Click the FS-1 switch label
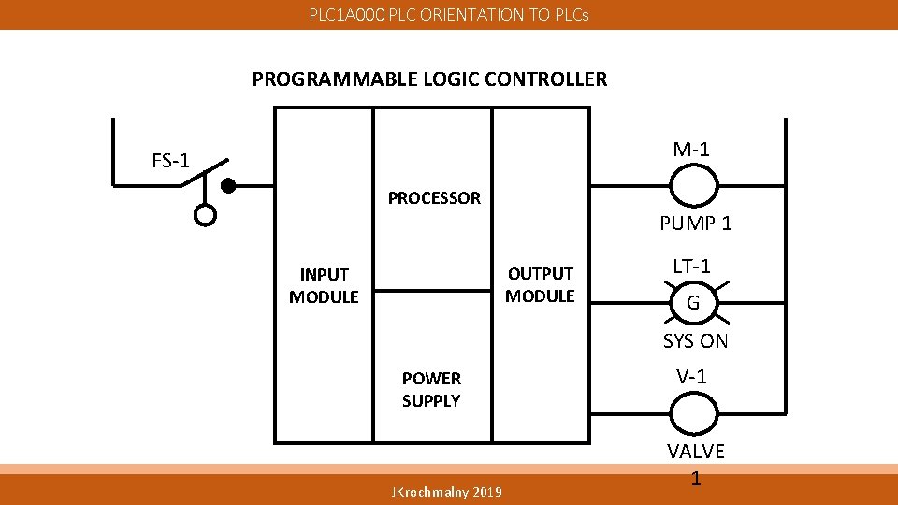click(x=171, y=161)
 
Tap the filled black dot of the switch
click(x=227, y=185)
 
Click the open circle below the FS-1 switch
click(x=205, y=215)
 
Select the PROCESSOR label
click(x=434, y=198)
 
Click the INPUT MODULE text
click(x=324, y=285)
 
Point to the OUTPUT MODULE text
click(x=540, y=284)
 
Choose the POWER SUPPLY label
click(x=431, y=389)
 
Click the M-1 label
click(x=691, y=149)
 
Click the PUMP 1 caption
click(x=696, y=224)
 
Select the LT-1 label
click(x=692, y=266)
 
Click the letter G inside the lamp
click(x=693, y=303)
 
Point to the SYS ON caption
click(x=695, y=341)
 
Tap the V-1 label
click(x=692, y=377)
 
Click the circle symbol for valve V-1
click(x=693, y=412)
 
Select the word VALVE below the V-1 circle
click(x=696, y=452)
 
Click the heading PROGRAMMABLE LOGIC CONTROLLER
click(x=429, y=79)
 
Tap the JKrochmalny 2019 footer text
click(x=447, y=492)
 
